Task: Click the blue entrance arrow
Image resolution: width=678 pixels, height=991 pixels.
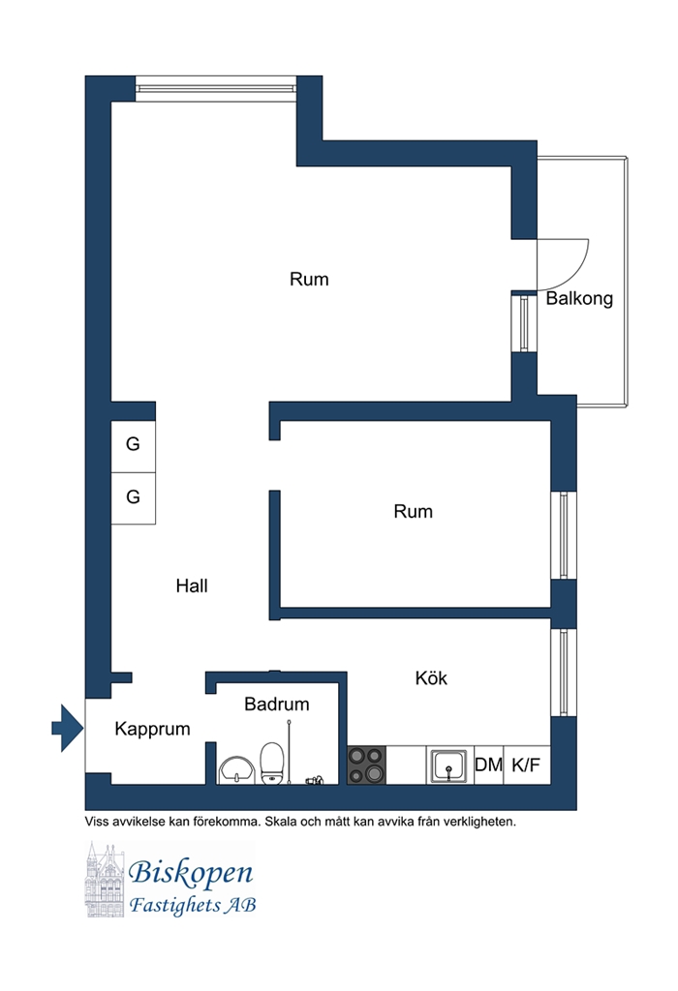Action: tap(68, 728)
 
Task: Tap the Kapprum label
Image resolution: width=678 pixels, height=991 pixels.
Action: tap(152, 730)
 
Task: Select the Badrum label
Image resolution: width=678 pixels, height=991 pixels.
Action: tap(277, 705)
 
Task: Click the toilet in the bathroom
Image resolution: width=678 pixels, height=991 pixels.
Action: tap(272, 764)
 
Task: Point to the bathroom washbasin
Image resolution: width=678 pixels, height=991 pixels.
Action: tap(236, 769)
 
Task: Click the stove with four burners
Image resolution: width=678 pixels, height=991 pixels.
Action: tap(366, 766)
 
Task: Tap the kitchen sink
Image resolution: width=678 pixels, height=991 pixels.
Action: tap(449, 766)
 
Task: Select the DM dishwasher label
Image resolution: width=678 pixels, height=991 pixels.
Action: tap(488, 765)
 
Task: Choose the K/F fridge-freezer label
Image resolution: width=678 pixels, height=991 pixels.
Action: tap(526, 765)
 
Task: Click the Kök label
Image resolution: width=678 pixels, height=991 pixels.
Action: tap(431, 678)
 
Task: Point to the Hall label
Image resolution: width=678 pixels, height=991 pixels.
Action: tap(192, 586)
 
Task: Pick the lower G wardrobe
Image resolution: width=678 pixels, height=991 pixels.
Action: tap(134, 498)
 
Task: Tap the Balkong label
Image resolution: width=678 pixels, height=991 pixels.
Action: tap(579, 298)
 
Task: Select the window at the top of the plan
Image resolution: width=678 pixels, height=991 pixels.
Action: tap(216, 88)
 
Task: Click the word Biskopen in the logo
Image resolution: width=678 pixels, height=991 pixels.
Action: tap(191, 873)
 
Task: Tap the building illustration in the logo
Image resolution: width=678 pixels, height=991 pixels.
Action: tap(105, 879)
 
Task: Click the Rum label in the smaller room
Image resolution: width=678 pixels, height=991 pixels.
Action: tap(413, 511)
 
